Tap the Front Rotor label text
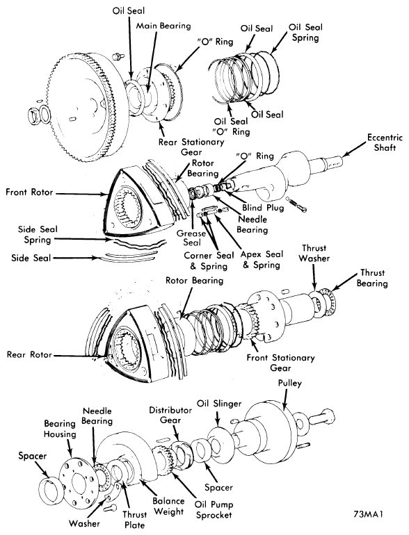pos(29,192)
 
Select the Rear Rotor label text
pos(29,354)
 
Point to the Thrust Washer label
pos(314,253)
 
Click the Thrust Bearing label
pos(372,278)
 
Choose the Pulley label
pos(290,384)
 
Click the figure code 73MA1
pos(369,514)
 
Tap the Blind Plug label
pos(263,208)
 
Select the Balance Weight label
pos(168,507)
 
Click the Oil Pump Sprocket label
pos(214,510)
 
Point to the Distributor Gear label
pos(170,415)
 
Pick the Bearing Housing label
pos(60,429)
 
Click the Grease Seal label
pos(191,238)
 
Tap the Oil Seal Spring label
pos(305,33)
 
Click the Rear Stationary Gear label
pos(191,147)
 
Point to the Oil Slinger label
pos(219,403)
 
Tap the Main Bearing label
pos(163,26)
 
